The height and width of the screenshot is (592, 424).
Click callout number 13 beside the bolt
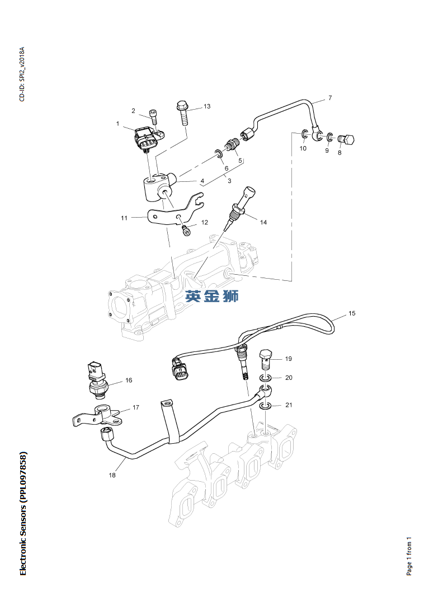coord(191,106)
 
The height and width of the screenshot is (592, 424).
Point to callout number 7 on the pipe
coord(330,98)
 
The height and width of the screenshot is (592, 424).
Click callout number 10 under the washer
coord(303,148)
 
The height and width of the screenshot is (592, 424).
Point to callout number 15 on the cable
coord(352,313)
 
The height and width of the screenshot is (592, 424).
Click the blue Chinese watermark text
coord(212,295)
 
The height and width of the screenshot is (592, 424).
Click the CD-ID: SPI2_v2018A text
coord(22,74)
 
